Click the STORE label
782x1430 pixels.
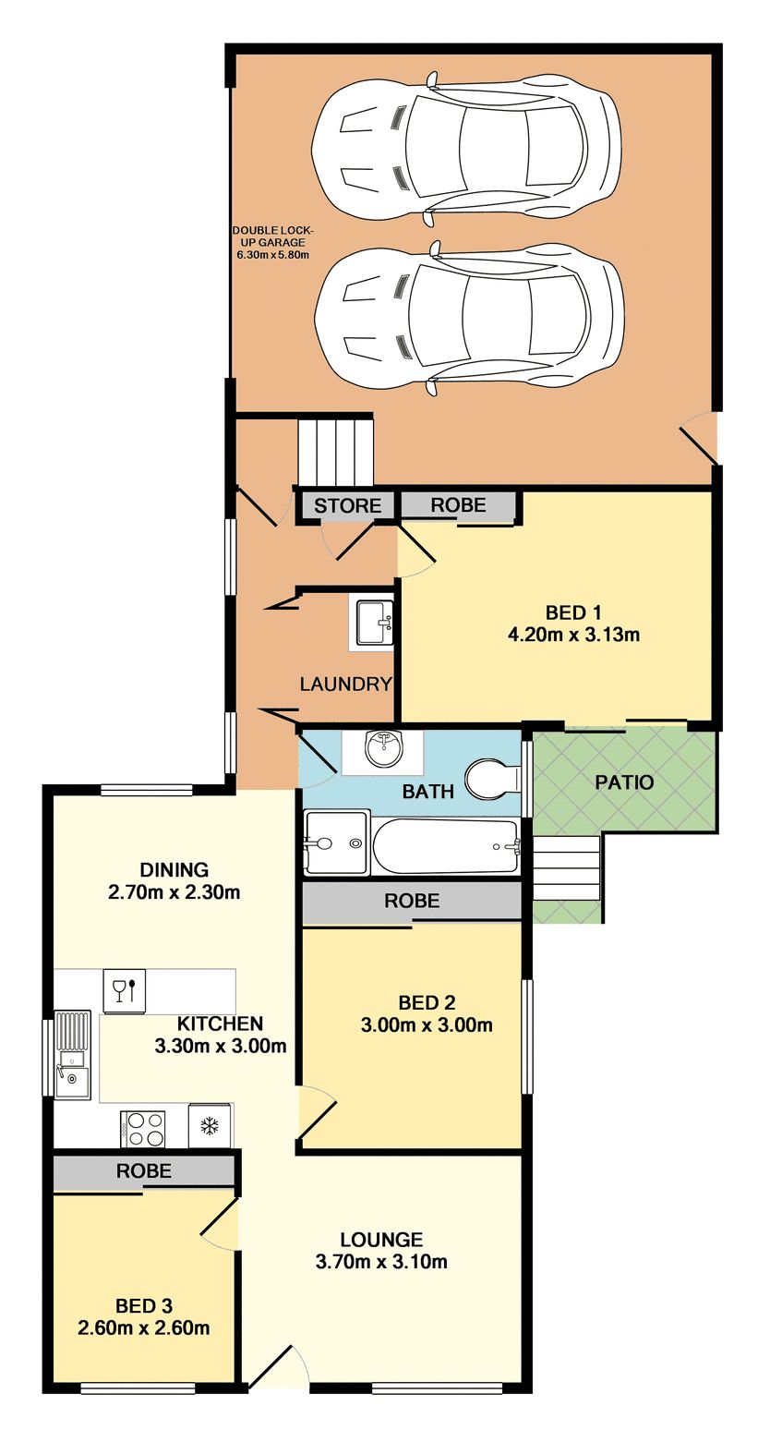point(347,505)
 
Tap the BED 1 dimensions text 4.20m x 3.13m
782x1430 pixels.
point(573,635)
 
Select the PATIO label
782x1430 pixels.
point(624,782)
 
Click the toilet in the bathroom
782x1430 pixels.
point(493,779)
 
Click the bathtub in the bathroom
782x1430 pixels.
point(446,846)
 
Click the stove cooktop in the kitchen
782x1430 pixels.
point(143,1129)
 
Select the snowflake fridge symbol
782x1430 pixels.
point(210,1126)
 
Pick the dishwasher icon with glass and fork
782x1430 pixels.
point(125,991)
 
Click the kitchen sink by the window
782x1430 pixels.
point(72,1054)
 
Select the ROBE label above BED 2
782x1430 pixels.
point(412,901)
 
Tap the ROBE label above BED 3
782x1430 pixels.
point(143,1170)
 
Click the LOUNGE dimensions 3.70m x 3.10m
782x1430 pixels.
point(381,1262)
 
